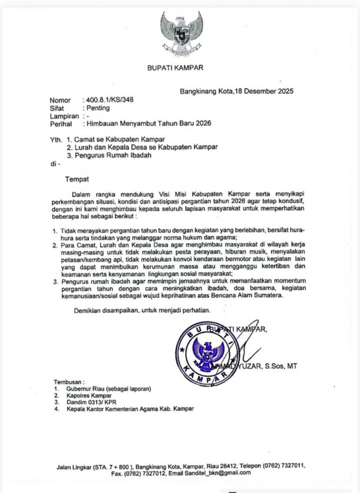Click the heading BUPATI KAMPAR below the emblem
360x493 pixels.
175,69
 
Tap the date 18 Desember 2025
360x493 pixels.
264,91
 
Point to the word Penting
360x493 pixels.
98,108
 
